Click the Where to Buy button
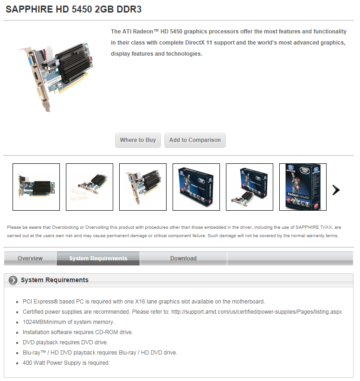point(138,140)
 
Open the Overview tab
point(30,258)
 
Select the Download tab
point(183,258)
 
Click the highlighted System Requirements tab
point(98,258)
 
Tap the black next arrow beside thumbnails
point(336,190)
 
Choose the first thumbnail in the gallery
point(36,187)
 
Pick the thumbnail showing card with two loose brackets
point(90,187)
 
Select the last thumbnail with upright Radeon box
point(303,187)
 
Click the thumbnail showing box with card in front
point(250,187)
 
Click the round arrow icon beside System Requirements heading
point(13,280)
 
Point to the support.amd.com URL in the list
point(257,312)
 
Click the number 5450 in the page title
point(82,9)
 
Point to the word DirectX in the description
point(195,43)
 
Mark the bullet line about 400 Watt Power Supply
point(66,363)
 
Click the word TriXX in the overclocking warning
point(326,227)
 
